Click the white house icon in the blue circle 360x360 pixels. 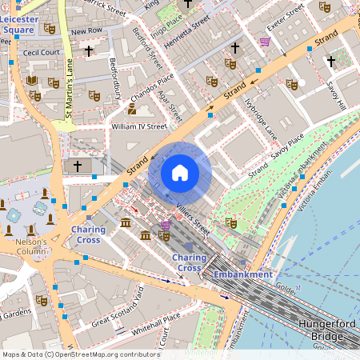point(180,172)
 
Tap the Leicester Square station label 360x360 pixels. point(18,24)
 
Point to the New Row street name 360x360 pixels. point(86,31)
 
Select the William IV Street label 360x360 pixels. point(138,126)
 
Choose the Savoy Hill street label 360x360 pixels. point(336,94)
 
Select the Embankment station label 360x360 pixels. point(242,274)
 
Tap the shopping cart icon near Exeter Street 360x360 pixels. point(265,42)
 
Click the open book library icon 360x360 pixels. point(32,81)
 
